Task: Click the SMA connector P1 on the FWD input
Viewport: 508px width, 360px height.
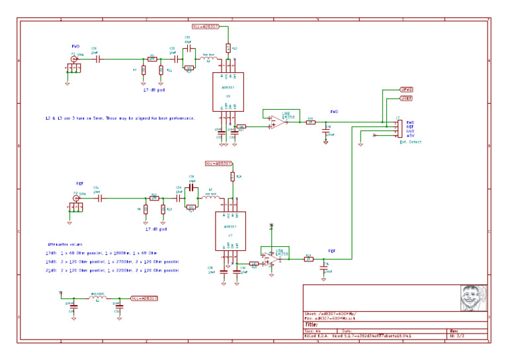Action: tap(73, 59)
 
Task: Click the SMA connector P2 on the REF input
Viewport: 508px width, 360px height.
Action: tap(76, 198)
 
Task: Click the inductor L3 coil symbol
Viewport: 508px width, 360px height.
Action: tap(212, 198)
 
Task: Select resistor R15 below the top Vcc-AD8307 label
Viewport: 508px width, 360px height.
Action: tap(228, 48)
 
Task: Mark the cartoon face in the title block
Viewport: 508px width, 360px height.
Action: tap(473, 298)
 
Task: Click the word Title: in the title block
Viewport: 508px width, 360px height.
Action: tap(312, 324)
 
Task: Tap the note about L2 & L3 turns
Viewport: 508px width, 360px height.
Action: tap(119, 118)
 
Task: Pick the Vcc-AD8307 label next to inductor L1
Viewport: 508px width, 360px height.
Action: tap(145, 298)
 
